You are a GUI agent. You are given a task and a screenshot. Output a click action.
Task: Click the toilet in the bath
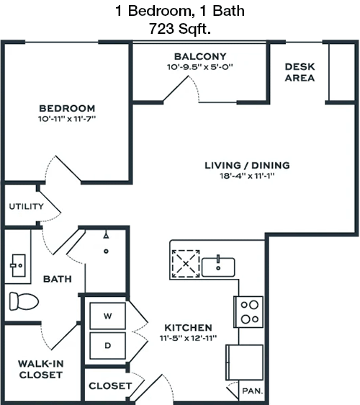[x=24, y=301]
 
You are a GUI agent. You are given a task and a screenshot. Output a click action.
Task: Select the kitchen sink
[x=218, y=267]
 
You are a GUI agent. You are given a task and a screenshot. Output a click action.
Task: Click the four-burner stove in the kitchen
[x=249, y=312]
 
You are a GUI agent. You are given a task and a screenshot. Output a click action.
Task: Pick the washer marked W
[x=107, y=316]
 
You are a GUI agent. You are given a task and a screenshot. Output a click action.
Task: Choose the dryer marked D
[x=107, y=346]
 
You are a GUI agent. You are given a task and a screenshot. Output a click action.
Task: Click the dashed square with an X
[x=186, y=264]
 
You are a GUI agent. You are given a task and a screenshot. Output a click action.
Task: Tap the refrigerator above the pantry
[x=245, y=362]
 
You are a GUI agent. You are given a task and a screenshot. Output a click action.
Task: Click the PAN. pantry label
[x=253, y=391]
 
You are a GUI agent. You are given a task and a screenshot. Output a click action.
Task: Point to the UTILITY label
[x=27, y=206]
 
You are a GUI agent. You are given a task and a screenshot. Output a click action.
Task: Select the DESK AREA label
[x=300, y=72]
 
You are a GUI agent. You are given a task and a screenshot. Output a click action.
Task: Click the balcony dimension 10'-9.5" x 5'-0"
[x=200, y=67]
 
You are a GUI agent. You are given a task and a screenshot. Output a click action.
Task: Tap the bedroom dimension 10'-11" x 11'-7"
[x=67, y=119]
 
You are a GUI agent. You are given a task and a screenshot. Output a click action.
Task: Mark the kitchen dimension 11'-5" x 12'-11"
[x=188, y=338]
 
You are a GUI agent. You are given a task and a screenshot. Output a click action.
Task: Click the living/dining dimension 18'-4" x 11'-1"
[x=247, y=176]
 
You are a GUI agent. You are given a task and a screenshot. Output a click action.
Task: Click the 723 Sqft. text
[x=180, y=28]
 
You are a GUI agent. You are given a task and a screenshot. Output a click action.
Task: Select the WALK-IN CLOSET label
[x=41, y=370]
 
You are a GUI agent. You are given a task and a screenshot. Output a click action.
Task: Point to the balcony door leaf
[x=176, y=89]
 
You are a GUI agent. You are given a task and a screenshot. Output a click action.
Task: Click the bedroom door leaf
[x=68, y=169]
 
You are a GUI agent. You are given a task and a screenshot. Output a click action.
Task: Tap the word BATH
[x=58, y=279]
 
